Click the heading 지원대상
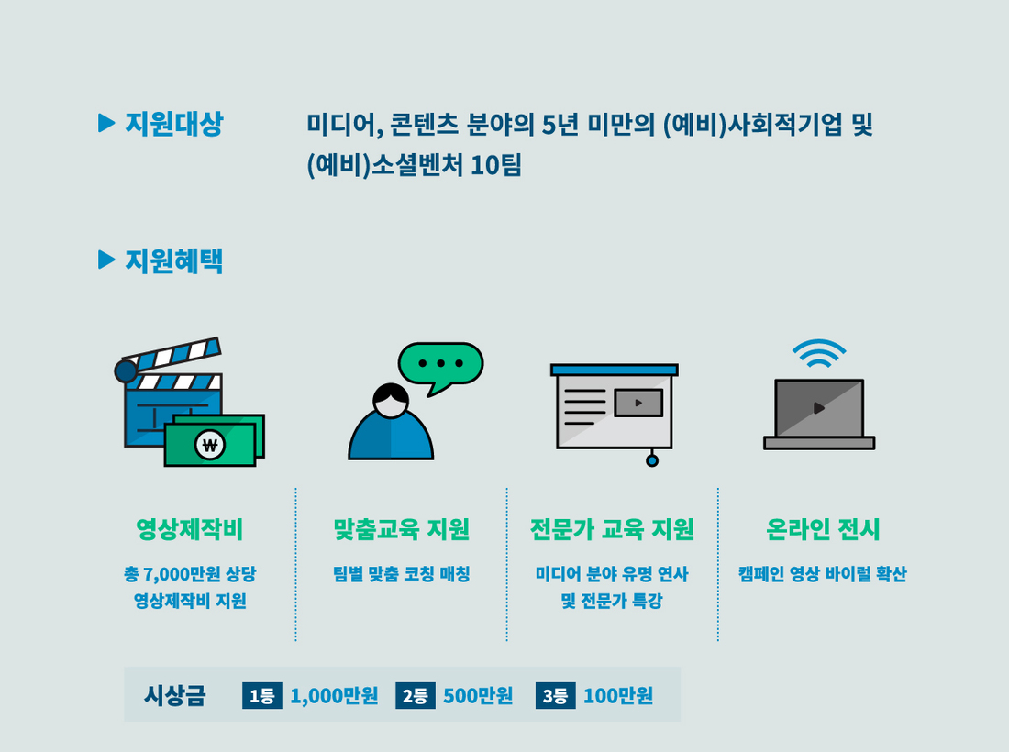tap(173, 124)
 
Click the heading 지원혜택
tap(173, 260)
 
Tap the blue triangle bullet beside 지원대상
tap(106, 123)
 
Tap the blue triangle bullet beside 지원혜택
tap(106, 260)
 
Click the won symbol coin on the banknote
tap(210, 444)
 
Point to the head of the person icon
tap(391, 401)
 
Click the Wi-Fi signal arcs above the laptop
tap(818, 353)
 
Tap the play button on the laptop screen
tap(818, 408)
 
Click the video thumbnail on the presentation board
tap(638, 403)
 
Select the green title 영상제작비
tap(190, 529)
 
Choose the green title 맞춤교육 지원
tap(401, 529)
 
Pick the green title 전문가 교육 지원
tap(612, 529)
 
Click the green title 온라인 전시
tap(823, 529)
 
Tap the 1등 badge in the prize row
tap(262, 695)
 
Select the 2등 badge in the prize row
tap(415, 695)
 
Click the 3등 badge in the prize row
tap(555, 695)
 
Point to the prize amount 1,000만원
tap(334, 695)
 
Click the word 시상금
tap(174, 695)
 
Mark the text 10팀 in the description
tap(495, 165)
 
